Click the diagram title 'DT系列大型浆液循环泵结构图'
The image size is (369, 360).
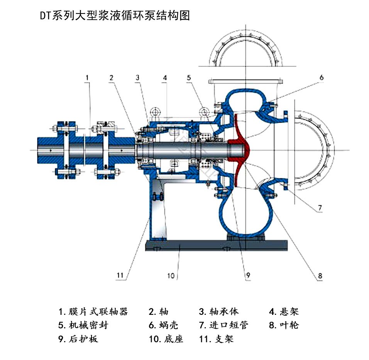(x=115, y=16)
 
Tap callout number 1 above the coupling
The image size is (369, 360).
(x=87, y=78)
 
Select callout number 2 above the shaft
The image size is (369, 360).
(x=111, y=78)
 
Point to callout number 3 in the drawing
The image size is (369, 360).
(x=137, y=78)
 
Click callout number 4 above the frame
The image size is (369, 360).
(x=164, y=78)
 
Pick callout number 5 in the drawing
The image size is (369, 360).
(x=189, y=78)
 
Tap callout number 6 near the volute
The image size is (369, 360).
(x=321, y=78)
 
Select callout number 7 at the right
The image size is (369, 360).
(x=320, y=208)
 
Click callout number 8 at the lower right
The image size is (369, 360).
(x=320, y=276)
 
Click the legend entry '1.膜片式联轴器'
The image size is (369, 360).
(x=93, y=311)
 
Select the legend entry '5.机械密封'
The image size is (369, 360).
(x=83, y=325)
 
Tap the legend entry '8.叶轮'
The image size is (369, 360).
(x=284, y=325)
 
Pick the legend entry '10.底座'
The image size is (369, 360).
(x=166, y=339)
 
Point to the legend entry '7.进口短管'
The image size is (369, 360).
(x=223, y=325)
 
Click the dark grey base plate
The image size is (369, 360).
(x=216, y=245)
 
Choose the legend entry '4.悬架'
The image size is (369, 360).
(x=284, y=311)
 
